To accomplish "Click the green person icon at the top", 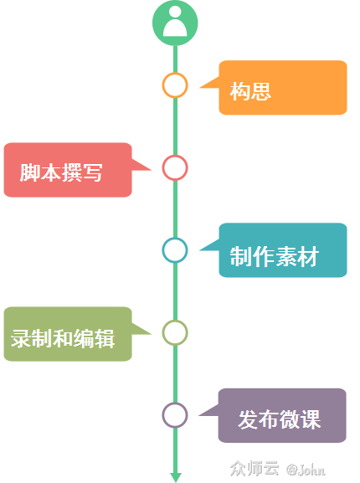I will click(x=175, y=23).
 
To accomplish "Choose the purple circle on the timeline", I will click(x=175, y=415).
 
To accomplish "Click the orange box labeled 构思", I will click(x=282, y=87).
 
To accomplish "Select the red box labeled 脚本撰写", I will click(x=68, y=170).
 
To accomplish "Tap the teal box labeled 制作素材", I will click(x=282, y=250).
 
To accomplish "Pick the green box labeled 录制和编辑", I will click(x=68, y=334).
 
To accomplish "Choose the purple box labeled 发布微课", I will click(x=281, y=415).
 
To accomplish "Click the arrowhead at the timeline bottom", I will click(x=175, y=478).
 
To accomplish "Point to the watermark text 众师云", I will click(x=254, y=467).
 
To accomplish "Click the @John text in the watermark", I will click(x=305, y=468).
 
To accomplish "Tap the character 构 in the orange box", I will click(x=240, y=90).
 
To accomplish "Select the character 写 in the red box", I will click(x=93, y=173).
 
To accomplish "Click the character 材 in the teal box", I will click(x=309, y=256).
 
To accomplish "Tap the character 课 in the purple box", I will click(x=311, y=419).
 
